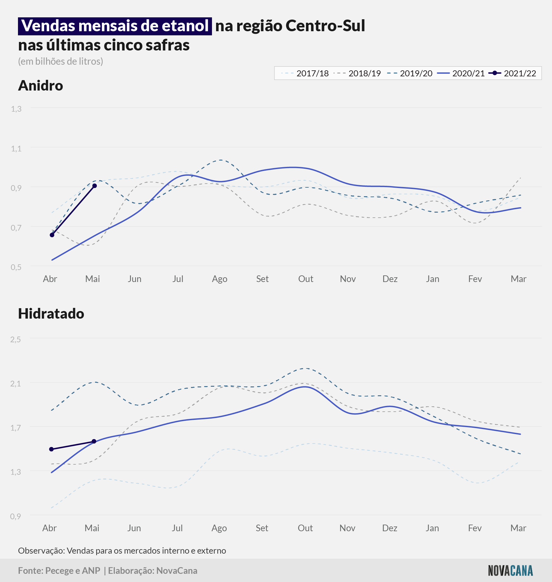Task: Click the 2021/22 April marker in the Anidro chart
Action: point(52,235)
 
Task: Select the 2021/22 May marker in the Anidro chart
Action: point(95,186)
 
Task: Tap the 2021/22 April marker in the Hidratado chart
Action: point(51,449)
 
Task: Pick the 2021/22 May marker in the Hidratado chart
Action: point(94,441)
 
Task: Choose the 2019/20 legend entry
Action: point(410,73)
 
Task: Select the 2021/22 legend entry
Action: point(512,73)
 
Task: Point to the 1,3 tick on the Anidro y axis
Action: point(16,109)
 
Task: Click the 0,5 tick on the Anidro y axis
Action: point(16,267)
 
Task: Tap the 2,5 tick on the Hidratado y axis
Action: point(16,339)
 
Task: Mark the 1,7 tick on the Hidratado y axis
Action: point(16,428)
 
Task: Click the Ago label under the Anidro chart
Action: point(220,279)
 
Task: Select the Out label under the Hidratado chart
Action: point(305,528)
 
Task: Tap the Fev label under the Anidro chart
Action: point(475,279)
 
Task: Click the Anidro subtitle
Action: point(41,85)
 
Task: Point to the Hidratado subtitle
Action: point(51,314)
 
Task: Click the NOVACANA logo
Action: point(510,571)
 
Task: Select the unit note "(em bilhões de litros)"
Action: point(61,61)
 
